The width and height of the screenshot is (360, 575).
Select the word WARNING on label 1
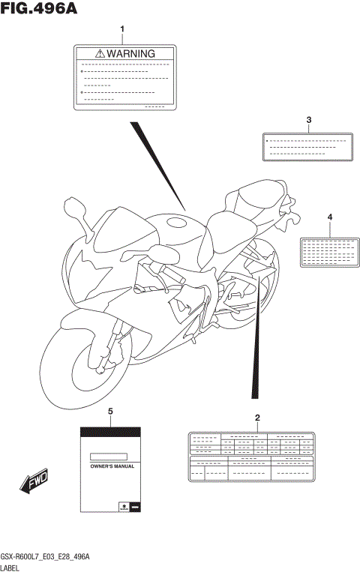[130, 54]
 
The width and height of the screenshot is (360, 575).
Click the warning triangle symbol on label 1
[99, 54]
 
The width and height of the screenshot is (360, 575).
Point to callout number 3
[308, 120]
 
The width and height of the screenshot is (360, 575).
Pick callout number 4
[329, 217]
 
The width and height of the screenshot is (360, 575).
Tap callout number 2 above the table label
[257, 418]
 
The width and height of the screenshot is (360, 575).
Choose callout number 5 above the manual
[110, 412]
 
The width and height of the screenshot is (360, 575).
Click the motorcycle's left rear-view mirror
[77, 207]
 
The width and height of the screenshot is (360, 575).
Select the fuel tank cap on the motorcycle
[176, 222]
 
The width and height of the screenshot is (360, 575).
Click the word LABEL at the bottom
[11, 569]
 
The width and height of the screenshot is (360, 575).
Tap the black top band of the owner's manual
[110, 433]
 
